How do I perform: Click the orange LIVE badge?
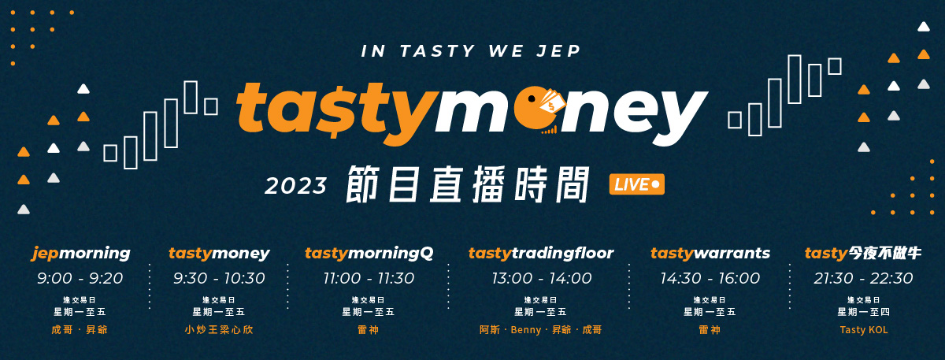636,184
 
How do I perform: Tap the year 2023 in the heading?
295,186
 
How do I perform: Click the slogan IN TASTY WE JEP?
471,51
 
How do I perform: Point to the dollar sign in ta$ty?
336,109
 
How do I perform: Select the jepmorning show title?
81,253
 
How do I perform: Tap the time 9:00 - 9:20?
80,278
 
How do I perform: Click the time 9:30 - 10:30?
219,278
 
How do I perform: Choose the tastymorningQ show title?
369,253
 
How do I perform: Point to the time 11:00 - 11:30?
369,278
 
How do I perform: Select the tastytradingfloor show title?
541,253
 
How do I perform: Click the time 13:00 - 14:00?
542,278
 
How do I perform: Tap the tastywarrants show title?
710,253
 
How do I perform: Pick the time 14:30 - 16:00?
710,278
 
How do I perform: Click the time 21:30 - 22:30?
863,278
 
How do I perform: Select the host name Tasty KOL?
864,329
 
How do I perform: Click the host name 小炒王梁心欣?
219,329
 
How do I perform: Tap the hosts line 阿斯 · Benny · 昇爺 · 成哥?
540,329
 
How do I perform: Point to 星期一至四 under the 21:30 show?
864,312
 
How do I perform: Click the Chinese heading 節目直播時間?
468,184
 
